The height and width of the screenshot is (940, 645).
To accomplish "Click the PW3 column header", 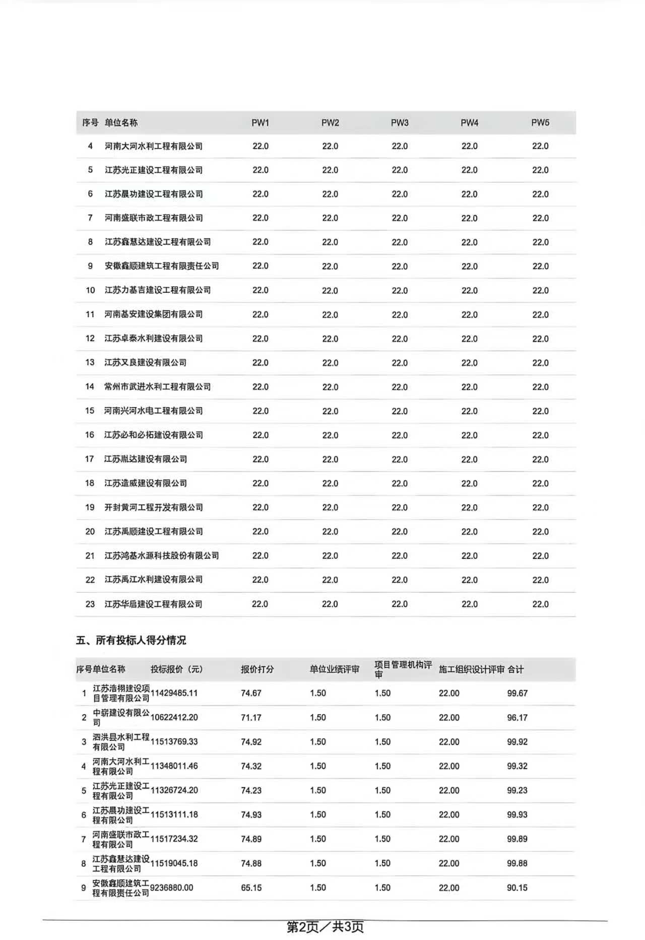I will pyautogui.click(x=400, y=122).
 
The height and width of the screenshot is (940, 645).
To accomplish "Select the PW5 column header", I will pyautogui.click(x=540, y=122).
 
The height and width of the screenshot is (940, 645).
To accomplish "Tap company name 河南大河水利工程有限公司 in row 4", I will pyautogui.click(x=154, y=146).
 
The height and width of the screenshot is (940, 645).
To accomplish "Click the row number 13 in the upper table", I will pyautogui.click(x=90, y=362).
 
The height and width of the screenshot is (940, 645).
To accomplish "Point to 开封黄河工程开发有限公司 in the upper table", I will pyautogui.click(x=154, y=507).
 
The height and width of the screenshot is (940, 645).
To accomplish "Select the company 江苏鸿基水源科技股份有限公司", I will pyautogui.click(x=162, y=555).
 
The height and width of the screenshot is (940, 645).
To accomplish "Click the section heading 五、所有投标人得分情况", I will pyautogui.click(x=131, y=640).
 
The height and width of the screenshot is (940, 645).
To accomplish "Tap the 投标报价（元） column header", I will pyautogui.click(x=176, y=669).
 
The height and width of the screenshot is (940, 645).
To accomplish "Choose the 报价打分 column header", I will pyautogui.click(x=257, y=669).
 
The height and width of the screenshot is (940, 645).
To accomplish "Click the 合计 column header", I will pyautogui.click(x=515, y=669).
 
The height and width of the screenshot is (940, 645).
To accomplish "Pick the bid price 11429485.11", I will pyautogui.click(x=174, y=693).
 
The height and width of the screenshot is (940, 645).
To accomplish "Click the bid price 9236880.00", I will pyautogui.click(x=171, y=888).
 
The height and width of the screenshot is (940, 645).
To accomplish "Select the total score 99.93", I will pyautogui.click(x=517, y=814).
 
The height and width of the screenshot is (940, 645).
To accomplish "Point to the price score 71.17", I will pyautogui.click(x=251, y=717).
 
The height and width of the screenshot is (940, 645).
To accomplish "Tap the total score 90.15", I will pyautogui.click(x=517, y=888).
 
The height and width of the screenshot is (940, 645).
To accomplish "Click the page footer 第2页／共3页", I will pyautogui.click(x=325, y=926).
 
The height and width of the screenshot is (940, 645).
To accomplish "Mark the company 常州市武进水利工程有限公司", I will pyautogui.click(x=158, y=387).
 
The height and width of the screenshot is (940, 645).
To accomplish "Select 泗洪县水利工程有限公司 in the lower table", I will pyautogui.click(x=121, y=742).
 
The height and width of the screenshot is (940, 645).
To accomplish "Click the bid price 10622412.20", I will pyautogui.click(x=174, y=717).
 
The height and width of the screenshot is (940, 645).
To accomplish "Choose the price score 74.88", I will pyautogui.click(x=251, y=863).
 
